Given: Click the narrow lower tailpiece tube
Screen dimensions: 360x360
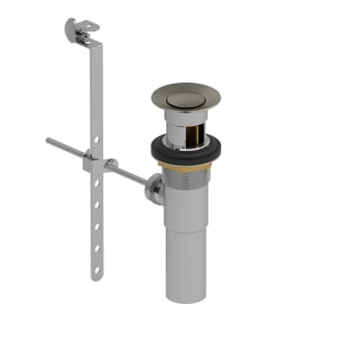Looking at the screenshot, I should (x=187, y=266).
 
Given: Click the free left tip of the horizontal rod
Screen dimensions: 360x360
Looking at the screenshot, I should (x=48, y=141).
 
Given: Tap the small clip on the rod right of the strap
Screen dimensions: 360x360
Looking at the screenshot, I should (x=112, y=164).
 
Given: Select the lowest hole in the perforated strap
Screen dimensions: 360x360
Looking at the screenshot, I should (x=96, y=269).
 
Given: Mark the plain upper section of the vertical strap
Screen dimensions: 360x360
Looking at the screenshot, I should (x=96, y=93).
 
